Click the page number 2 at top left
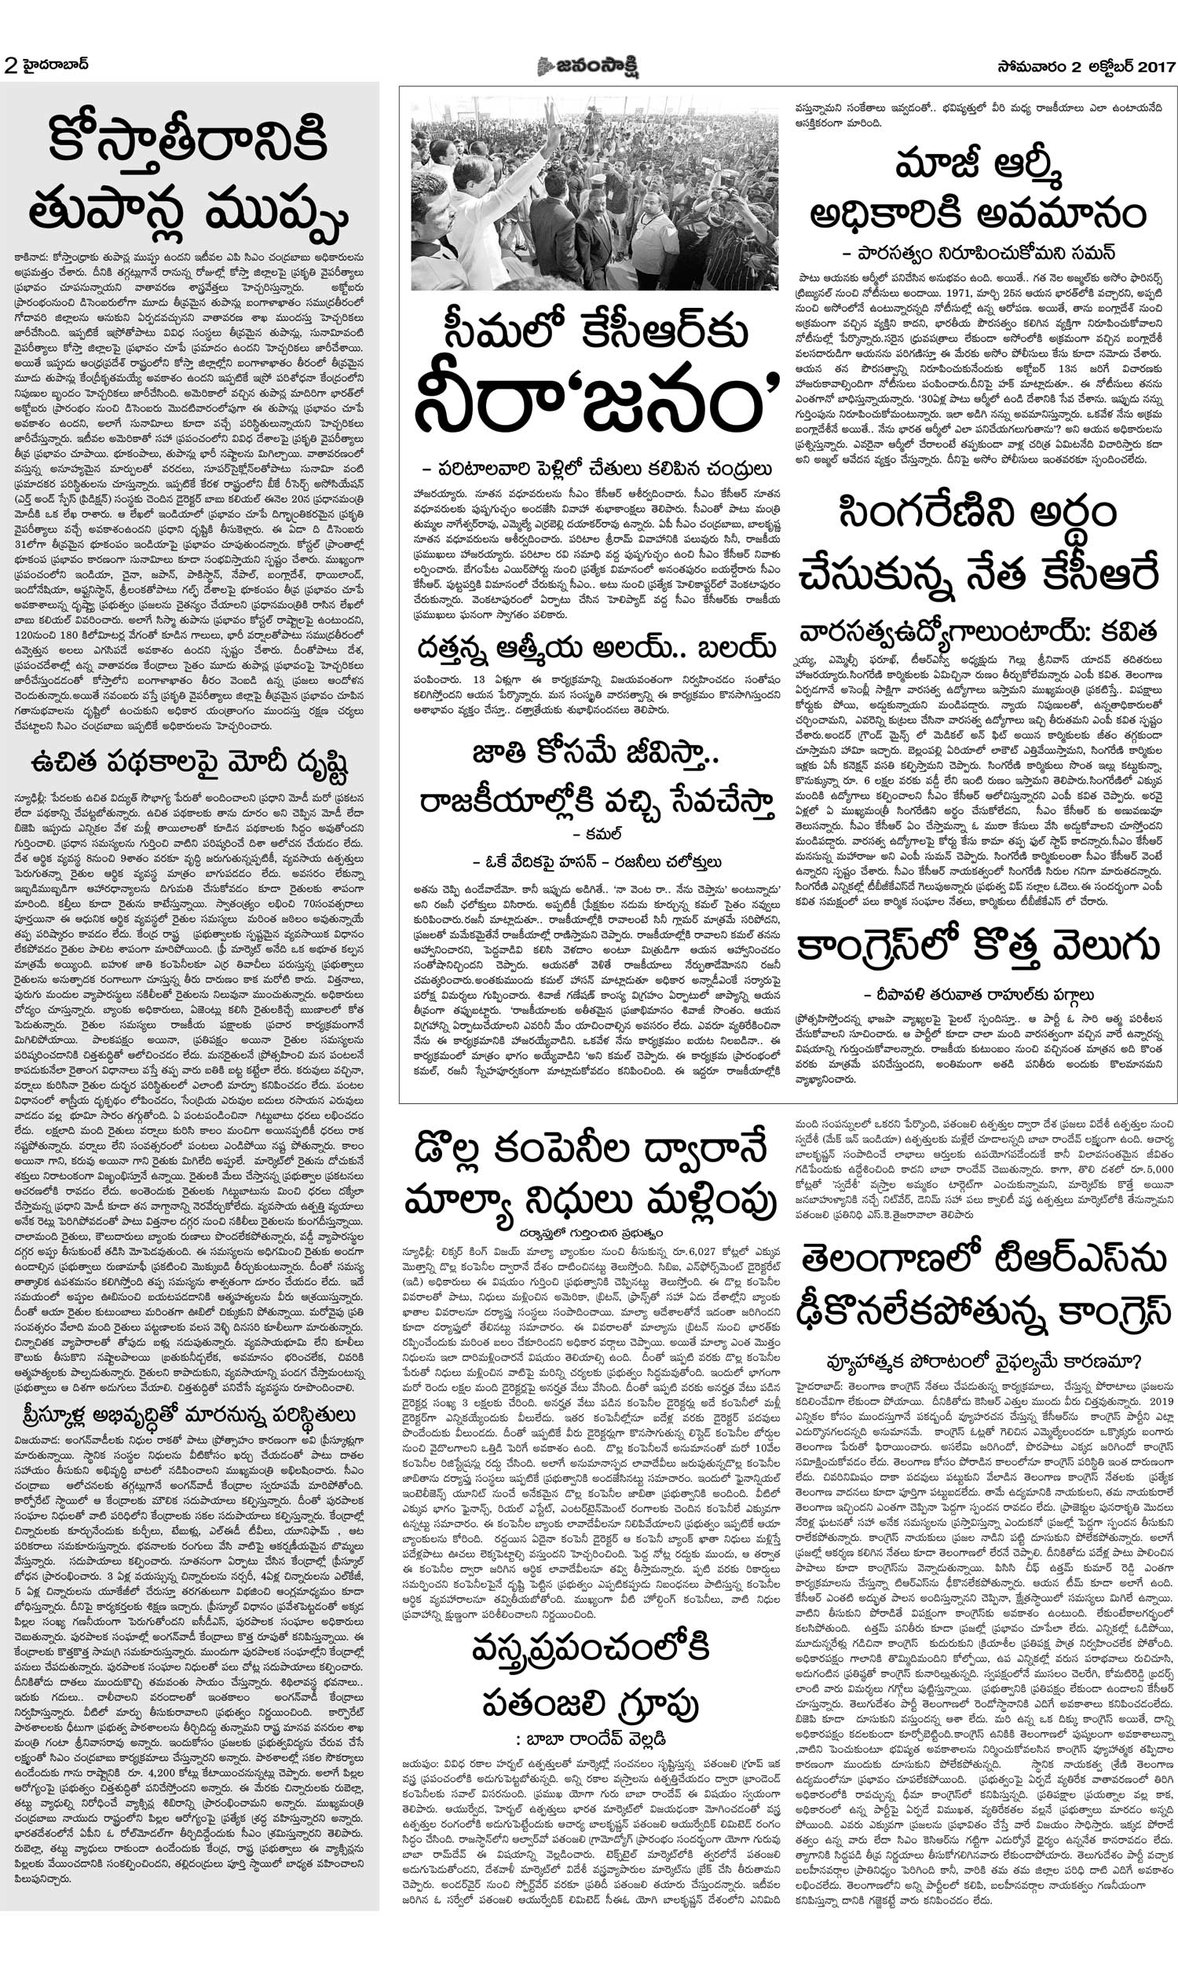point(10,67)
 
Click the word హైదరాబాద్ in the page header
point(54,65)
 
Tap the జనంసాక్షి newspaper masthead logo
point(588,67)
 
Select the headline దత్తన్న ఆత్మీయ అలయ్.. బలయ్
point(596,648)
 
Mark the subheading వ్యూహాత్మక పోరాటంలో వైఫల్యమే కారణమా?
point(983,1362)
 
